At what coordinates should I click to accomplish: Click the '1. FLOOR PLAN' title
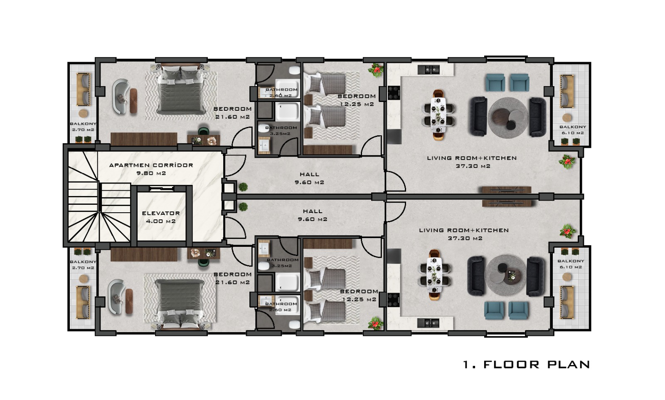point(526,365)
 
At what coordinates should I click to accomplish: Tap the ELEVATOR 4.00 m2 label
point(161,217)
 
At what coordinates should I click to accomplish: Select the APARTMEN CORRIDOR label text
point(151,165)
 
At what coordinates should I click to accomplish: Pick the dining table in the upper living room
point(438,114)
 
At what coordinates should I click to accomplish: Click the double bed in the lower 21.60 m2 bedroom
point(180,304)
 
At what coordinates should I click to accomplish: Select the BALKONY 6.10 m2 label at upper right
point(573,130)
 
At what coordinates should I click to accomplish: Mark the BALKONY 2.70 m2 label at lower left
point(83,265)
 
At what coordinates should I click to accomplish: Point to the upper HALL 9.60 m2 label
point(309,179)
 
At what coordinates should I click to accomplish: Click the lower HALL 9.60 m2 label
point(312,215)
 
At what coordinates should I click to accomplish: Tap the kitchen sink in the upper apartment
point(429,70)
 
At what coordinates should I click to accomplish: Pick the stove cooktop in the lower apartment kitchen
point(394,300)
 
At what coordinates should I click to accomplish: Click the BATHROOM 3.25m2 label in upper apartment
point(281,131)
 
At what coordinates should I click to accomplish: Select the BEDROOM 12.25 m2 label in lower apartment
point(359,295)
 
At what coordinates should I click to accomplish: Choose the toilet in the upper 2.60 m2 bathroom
point(294,70)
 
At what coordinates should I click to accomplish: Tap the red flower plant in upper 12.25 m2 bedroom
point(376,70)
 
